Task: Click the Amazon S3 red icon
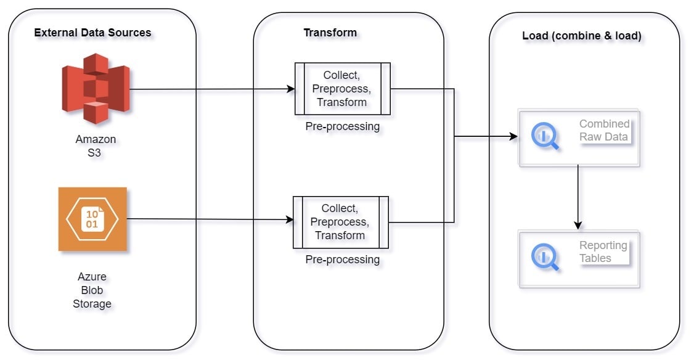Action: [96, 88]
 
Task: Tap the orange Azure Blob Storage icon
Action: [92, 219]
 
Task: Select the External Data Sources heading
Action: [92, 33]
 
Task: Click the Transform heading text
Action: [330, 33]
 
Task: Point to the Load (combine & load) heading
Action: [581, 36]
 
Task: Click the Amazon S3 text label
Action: [96, 146]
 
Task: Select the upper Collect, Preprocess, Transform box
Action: [342, 89]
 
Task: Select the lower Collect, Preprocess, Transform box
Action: [340, 222]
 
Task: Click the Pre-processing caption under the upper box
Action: [342, 127]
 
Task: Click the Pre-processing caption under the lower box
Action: [342, 260]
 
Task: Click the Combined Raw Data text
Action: [604, 131]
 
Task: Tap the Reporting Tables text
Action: [603, 252]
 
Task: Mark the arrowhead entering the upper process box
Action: [291, 89]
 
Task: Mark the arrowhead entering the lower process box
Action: [288, 219]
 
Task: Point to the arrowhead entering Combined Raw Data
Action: [513, 136]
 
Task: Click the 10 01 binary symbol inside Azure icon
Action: [92, 219]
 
